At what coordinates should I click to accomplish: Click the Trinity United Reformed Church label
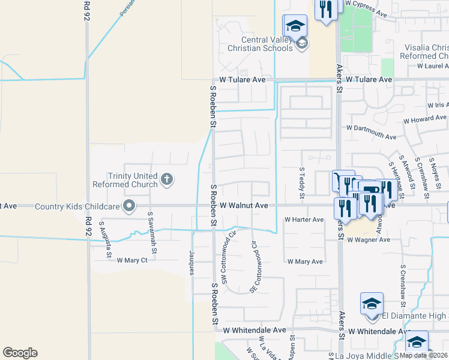point(125,180)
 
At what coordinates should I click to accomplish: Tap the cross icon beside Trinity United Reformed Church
point(167,179)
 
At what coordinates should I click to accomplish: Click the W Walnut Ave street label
point(243,205)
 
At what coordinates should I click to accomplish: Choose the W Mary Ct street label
point(132,260)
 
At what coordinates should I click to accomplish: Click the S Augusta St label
point(105,239)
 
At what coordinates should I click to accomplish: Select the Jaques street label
point(192,262)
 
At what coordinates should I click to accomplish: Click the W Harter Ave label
point(304,220)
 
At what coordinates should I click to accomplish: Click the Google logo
point(20,353)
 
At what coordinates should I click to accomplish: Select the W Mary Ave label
point(305,262)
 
